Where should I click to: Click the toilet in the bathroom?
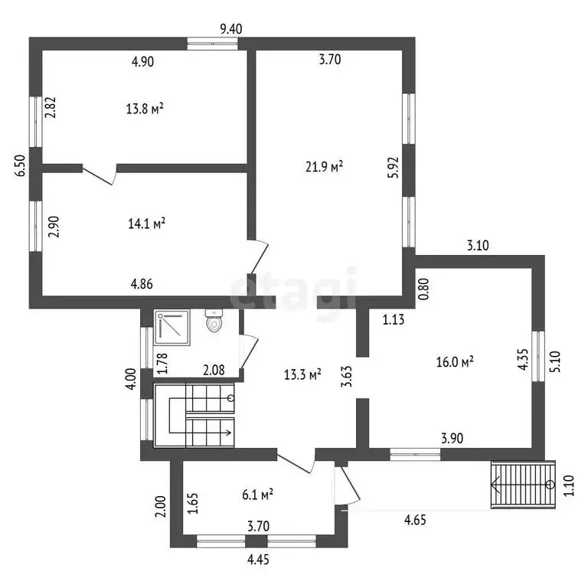coord(214,320)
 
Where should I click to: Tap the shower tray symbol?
coord(172,328)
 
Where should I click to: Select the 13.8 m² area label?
coord(145,109)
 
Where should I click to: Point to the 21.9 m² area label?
coord(325,166)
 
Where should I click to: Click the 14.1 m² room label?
coord(147,224)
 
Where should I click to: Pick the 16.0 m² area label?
coord(455,362)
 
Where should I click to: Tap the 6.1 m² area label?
coord(257,495)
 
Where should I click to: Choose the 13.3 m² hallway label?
coord(302,374)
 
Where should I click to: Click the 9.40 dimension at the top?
coord(231,29)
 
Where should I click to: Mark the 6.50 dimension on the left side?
coord(21,165)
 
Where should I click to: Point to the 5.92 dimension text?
coord(394,167)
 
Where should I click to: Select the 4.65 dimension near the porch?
coord(415,521)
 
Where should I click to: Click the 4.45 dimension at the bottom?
coord(258,560)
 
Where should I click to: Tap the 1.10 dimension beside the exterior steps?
coord(569,485)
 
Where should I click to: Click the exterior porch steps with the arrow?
coord(523,485)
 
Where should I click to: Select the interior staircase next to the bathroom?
coord(194,416)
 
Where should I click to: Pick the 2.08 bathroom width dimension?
coord(214,371)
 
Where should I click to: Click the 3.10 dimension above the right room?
coord(478,246)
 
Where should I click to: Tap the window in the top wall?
coord(213,44)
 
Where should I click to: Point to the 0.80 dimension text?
coord(423,289)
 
